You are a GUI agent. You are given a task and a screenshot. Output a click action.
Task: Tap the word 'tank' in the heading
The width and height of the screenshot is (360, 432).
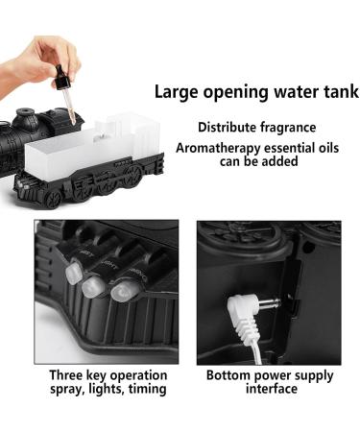point(337,93)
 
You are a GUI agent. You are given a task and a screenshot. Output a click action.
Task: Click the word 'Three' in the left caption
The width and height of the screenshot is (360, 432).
point(68,374)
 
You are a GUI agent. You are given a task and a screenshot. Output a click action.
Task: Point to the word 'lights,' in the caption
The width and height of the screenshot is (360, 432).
point(103,389)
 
